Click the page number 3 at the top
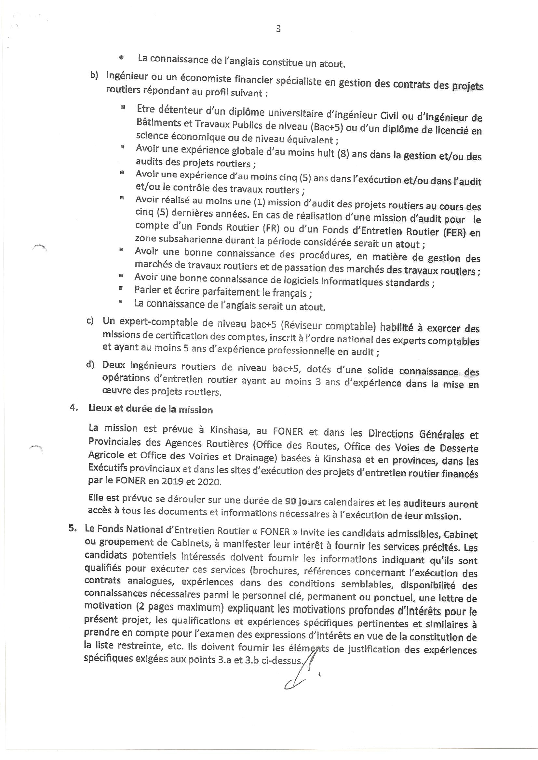coord(278,29)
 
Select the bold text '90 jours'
coord(303,502)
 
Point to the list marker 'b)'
coord(94,75)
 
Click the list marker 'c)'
coord(90,321)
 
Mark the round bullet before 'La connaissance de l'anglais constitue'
coord(121,58)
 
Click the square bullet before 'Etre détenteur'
coord(123,107)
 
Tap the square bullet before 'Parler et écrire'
coord(121,288)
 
